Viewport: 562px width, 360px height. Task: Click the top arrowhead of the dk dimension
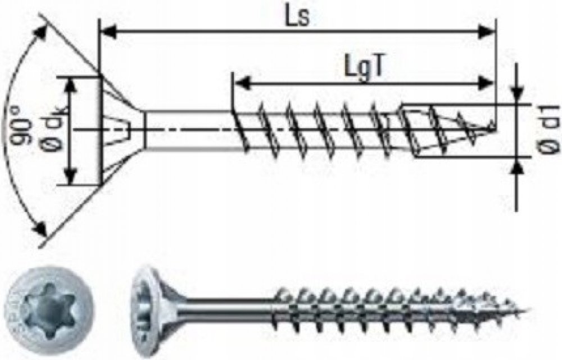coord(70,84)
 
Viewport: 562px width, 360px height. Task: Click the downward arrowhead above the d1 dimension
coord(518,93)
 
